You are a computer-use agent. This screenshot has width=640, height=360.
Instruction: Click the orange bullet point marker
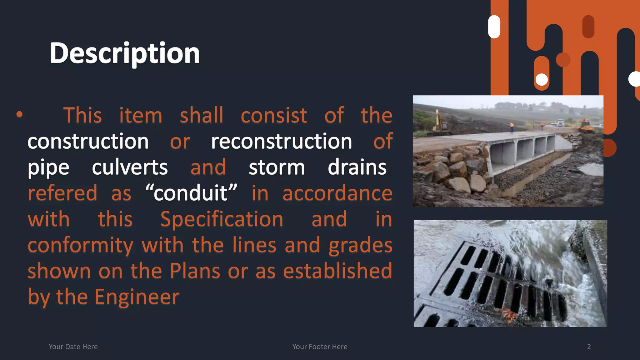coord(19,114)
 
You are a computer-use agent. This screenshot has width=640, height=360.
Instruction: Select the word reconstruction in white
coord(282,141)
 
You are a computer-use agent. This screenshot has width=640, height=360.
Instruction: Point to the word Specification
coord(222,219)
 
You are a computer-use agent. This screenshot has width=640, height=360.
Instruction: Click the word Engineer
coord(137,297)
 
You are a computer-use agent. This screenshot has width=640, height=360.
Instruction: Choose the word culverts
coord(130,167)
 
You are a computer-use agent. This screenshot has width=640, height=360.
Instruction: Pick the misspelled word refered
coord(62,193)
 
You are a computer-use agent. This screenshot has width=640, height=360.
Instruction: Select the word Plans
coord(195,271)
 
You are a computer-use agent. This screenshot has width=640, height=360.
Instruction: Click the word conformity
coord(80,245)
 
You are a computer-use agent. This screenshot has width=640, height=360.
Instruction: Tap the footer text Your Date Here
coord(73,347)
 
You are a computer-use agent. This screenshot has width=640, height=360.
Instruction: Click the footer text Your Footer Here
coord(320,347)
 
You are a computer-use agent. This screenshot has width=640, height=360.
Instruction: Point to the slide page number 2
coord(589,347)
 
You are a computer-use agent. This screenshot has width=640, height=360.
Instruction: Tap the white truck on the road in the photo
coord(560,122)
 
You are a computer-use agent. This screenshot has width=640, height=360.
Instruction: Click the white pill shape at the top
coord(494,27)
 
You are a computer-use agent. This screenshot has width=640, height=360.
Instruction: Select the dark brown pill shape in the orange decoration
coord(588,27)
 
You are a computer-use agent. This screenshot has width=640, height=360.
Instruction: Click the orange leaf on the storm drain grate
coord(509,314)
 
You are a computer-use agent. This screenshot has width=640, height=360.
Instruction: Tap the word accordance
coord(337,193)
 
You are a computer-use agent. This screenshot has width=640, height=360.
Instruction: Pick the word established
coord(337,271)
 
